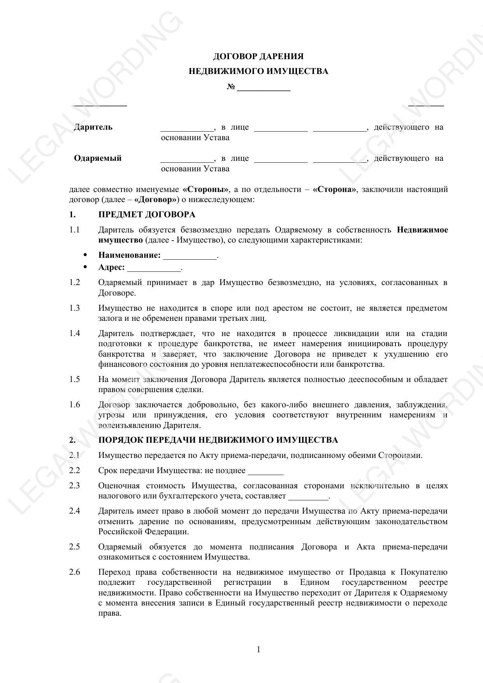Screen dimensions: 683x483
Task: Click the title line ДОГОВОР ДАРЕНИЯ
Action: click(258, 57)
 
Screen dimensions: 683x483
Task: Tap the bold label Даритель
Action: click(93, 127)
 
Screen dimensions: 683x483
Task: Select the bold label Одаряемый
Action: click(98, 158)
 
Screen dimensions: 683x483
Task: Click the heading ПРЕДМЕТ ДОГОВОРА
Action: click(147, 215)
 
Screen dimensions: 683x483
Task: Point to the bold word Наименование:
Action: click(129, 255)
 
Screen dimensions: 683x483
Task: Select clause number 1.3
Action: click(74, 308)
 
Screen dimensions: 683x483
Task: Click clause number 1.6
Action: click(74, 405)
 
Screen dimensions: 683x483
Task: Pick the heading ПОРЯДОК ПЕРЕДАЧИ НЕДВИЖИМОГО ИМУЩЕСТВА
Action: click(218, 440)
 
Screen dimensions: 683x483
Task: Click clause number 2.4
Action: click(74, 511)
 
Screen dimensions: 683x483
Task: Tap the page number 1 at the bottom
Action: click(258, 650)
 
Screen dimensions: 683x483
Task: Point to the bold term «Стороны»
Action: click(205, 190)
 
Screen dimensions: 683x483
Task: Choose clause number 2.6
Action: click(74, 572)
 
